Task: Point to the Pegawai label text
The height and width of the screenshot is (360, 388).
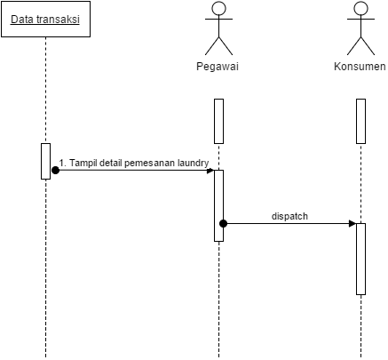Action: [218, 67]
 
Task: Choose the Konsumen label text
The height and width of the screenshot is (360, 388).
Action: [360, 67]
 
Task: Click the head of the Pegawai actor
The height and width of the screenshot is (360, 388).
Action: [218, 9]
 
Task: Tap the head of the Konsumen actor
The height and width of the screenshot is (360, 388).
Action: [360, 9]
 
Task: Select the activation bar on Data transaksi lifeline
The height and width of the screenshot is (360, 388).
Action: [45, 160]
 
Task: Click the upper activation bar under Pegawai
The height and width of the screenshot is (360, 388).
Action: [218, 121]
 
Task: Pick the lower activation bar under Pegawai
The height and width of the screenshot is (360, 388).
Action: [218, 204]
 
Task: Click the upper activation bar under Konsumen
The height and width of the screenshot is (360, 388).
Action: [360, 121]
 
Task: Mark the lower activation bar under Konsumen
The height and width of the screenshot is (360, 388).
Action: [360, 258]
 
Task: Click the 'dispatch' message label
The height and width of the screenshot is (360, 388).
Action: [290, 216]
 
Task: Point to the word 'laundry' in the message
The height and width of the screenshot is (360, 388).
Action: [192, 163]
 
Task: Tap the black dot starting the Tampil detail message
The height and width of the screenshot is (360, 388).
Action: [55, 170]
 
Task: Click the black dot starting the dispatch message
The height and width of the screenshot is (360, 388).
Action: [224, 223]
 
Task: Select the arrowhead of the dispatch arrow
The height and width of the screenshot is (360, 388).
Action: [352, 223]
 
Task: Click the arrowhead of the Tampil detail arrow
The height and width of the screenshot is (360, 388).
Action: [210, 170]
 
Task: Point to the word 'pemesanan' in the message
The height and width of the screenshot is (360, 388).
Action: [149, 163]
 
